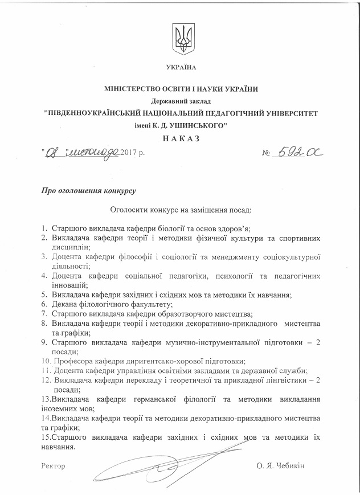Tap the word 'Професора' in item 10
click(72, 361)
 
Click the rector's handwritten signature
click(148, 468)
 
